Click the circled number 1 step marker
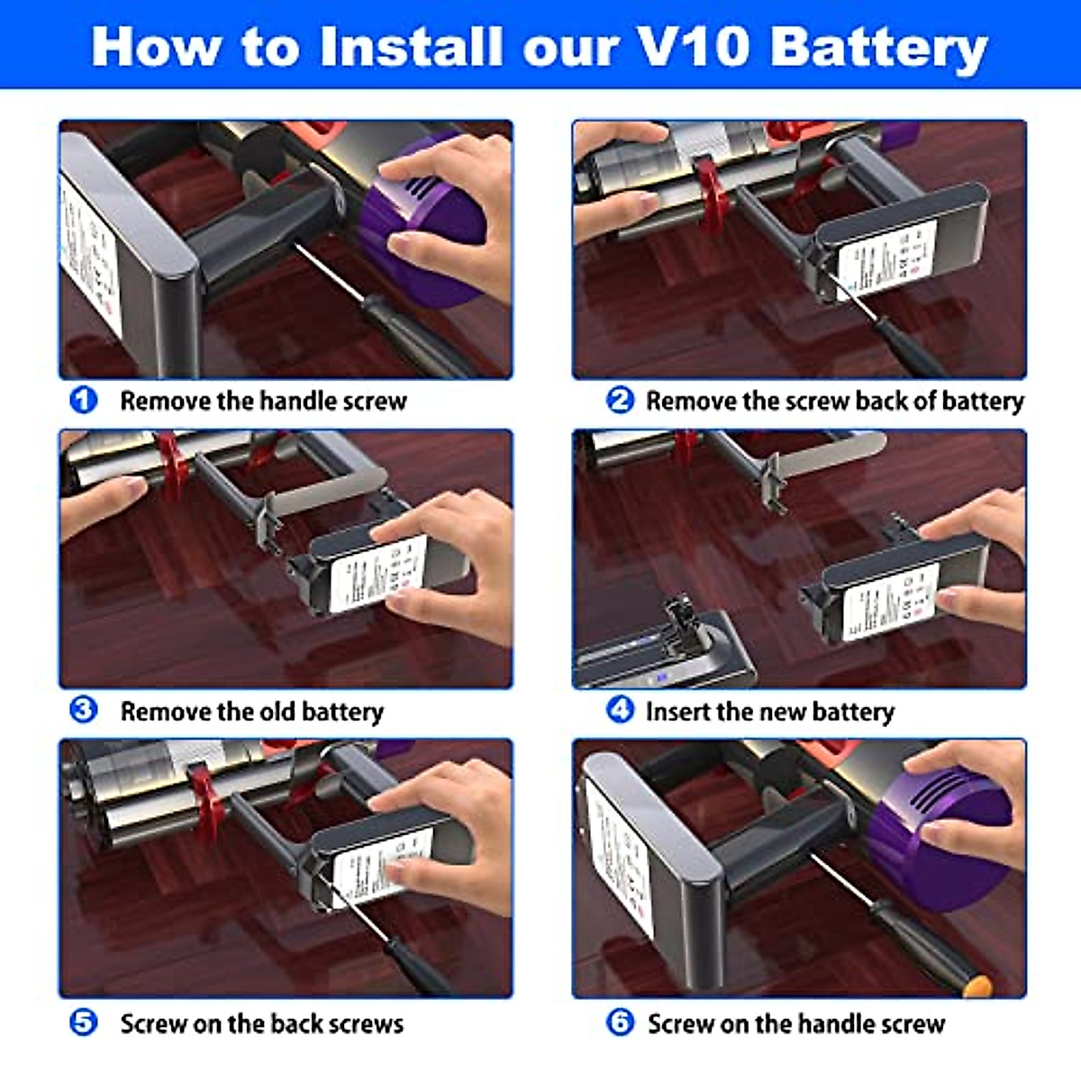[x=84, y=399]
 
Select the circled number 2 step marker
[x=620, y=399]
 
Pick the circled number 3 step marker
[x=84, y=710]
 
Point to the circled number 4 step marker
[x=620, y=710]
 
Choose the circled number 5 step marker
[x=84, y=1022]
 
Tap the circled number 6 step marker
[x=620, y=1022]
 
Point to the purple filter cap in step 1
[x=423, y=225]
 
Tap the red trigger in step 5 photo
[x=205, y=793]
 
